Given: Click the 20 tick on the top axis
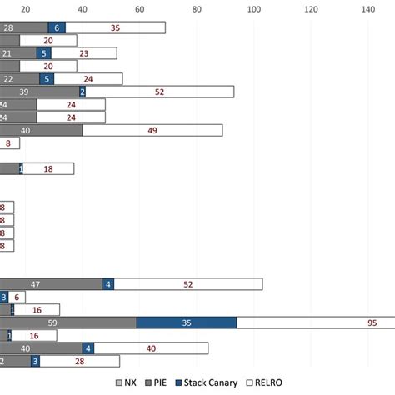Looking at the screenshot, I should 25,9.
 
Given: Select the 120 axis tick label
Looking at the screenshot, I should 310,9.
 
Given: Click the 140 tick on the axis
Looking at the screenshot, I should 367,9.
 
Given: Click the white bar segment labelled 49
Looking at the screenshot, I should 152,130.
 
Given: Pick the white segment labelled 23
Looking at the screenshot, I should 84,53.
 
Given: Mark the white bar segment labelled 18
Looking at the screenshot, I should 48,169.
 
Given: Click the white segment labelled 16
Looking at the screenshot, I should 37,309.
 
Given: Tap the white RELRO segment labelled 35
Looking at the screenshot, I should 115,27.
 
